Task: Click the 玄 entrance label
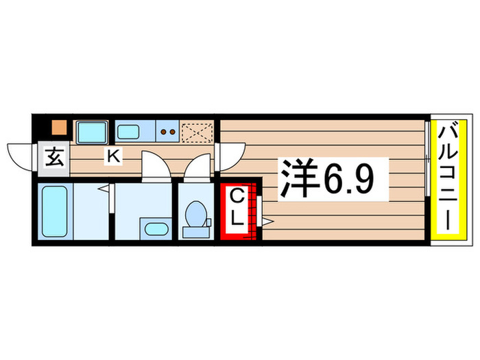pyautogui.click(x=55, y=157)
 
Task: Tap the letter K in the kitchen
pyautogui.click(x=113, y=156)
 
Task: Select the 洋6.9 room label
pyautogui.click(x=327, y=178)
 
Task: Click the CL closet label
pyautogui.click(x=237, y=207)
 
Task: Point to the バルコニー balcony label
pyautogui.click(x=448, y=177)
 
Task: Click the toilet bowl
pyautogui.click(x=196, y=214)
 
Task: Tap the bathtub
pyautogui.click(x=55, y=211)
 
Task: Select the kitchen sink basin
pyautogui.click(x=128, y=132)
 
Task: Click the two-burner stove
pyautogui.click(x=168, y=132)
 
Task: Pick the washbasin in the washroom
pyautogui.click(x=156, y=229)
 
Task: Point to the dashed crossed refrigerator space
pyautogui.click(x=197, y=132)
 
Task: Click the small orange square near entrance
pyautogui.click(x=59, y=128)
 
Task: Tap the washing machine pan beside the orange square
pyautogui.click(x=92, y=132)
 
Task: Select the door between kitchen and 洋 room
pyautogui.click(x=230, y=157)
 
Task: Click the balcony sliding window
pyautogui.click(x=427, y=158)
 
